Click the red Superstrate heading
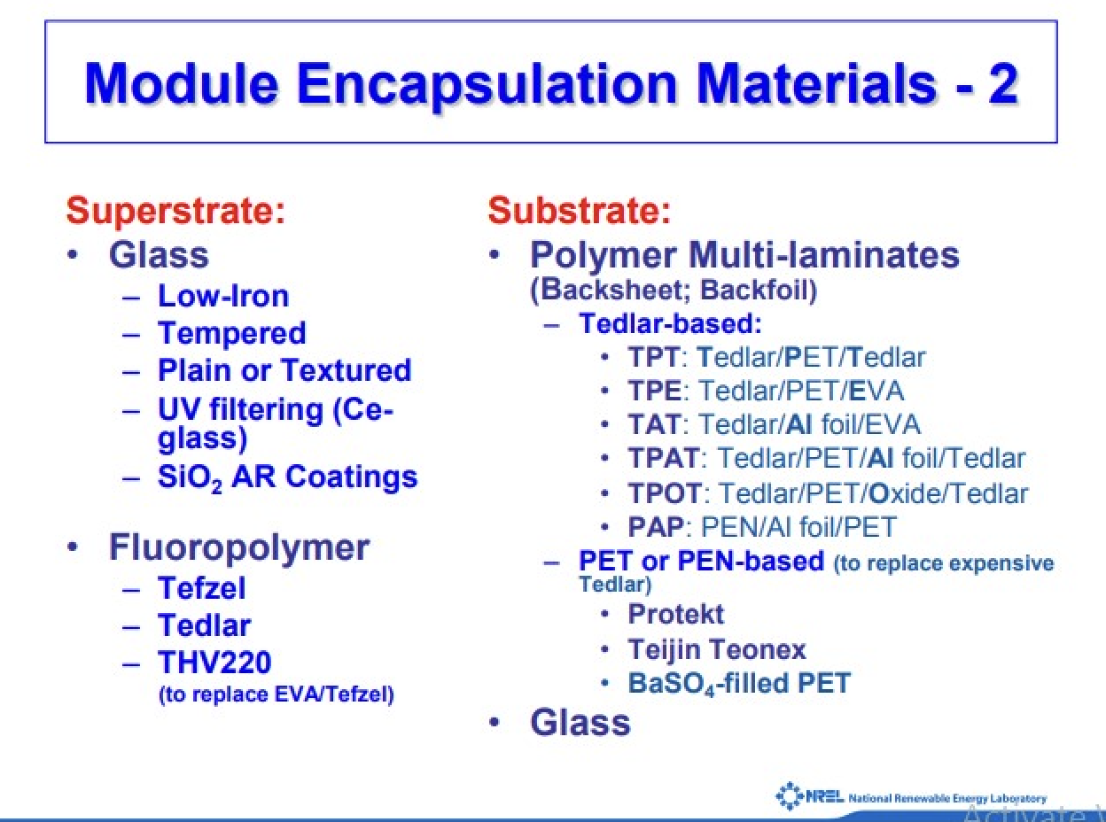coord(175,213)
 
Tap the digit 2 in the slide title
coord(1003,84)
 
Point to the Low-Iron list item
coord(223,296)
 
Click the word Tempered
coord(232,334)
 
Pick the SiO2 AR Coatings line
coord(287,478)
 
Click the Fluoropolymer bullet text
coord(239,548)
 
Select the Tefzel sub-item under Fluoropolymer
coord(201,588)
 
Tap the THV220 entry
coord(214,662)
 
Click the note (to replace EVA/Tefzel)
coord(276,694)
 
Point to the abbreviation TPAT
coord(663,458)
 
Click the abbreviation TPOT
coord(664,493)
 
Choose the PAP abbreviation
coord(656,527)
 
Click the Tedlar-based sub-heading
coord(670,323)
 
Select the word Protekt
coord(675,614)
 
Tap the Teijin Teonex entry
coord(717,649)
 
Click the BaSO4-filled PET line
coord(739,684)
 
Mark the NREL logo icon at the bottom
coord(789,795)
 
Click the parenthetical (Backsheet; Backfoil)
coord(674,291)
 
